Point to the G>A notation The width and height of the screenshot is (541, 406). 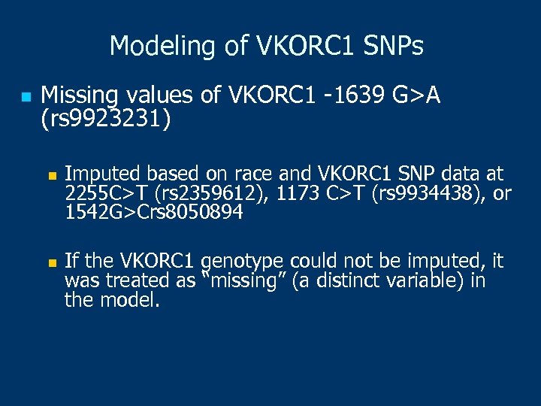pos(416,95)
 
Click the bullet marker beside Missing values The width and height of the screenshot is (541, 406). pos(25,97)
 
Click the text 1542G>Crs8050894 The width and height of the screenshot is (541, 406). pos(154,213)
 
